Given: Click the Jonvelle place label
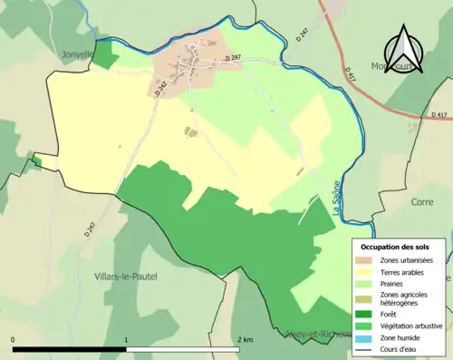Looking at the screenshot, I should tap(78, 54).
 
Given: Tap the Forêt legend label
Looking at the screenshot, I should tap(393, 312).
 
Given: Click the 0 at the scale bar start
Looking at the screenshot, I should tap(14, 339).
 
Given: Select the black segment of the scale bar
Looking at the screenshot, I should tap(70, 349).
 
